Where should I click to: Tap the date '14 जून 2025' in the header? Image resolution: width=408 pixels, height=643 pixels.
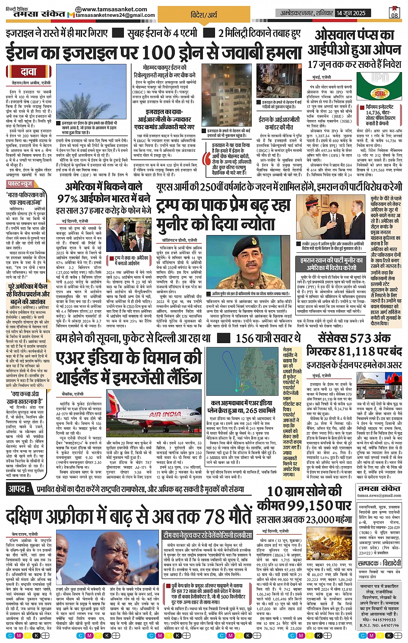click(351, 13)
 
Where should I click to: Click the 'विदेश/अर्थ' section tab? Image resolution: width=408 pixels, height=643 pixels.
click(204, 15)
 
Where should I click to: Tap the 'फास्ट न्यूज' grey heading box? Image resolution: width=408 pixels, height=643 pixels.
click(20, 184)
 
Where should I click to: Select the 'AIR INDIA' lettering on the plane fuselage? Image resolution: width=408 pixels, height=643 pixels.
click(165, 414)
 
